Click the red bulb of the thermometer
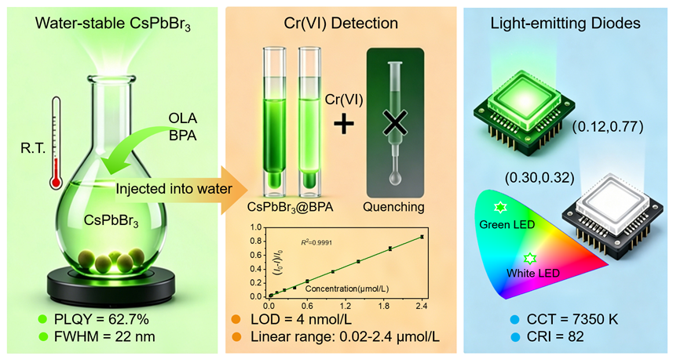[x=56, y=182]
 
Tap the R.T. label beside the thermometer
[x=33, y=148]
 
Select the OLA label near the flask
[x=182, y=118]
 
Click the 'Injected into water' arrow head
[x=235, y=190]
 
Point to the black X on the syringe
[x=395, y=123]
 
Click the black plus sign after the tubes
[x=344, y=125]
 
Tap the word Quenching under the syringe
[x=393, y=207]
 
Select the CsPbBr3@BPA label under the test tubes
[x=290, y=207]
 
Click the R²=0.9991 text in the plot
[x=316, y=242]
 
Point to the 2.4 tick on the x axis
[x=422, y=306]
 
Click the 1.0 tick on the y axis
[x=256, y=227]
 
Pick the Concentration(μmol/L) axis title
[x=347, y=289]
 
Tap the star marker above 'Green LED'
[x=500, y=208]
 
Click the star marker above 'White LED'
[x=530, y=259]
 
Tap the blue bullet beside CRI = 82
[x=514, y=337]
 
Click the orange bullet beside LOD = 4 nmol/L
[x=236, y=320]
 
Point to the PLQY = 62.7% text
[x=101, y=320]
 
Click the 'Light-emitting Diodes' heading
[x=565, y=24]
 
